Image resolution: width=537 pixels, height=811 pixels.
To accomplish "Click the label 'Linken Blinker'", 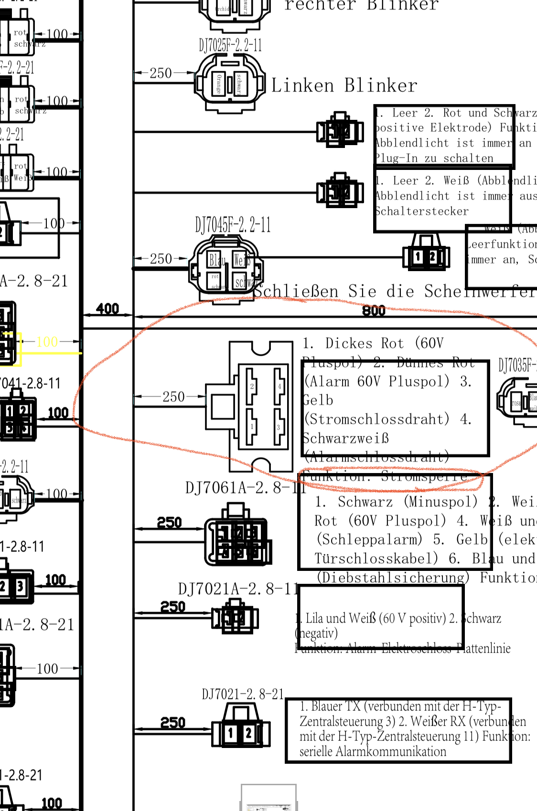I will tap(344, 86).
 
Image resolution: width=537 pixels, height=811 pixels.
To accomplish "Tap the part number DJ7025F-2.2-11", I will tap(230, 46).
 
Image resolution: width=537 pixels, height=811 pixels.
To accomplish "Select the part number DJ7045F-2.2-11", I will tap(233, 225).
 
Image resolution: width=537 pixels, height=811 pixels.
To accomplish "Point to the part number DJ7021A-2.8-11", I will tap(238, 589).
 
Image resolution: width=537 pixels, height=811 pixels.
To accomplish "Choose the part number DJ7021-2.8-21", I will tap(243, 694).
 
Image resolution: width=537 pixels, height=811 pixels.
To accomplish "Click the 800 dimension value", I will tap(374, 311).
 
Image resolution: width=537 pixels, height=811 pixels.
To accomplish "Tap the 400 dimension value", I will tap(107, 309).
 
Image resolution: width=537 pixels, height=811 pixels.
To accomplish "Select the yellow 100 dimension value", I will tap(47, 342).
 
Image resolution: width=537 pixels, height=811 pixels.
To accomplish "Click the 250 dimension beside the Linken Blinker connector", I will tap(161, 73).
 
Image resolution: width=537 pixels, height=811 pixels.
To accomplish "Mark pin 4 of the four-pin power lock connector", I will tap(279, 386).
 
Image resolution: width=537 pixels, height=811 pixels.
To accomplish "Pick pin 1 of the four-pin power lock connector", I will tap(252, 426).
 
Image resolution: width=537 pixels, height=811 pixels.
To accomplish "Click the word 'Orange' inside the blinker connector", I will tap(219, 84).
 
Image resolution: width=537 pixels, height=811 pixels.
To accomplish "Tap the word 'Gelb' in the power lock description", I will tap(318, 400).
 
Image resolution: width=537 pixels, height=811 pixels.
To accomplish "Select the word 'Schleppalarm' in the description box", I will tap(369, 539).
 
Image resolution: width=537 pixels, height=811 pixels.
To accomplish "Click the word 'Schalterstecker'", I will tap(421, 211).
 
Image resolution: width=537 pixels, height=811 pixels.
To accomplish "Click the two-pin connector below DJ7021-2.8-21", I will tap(241, 733).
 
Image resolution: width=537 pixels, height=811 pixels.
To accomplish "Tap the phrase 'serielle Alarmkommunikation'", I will tap(373, 751).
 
